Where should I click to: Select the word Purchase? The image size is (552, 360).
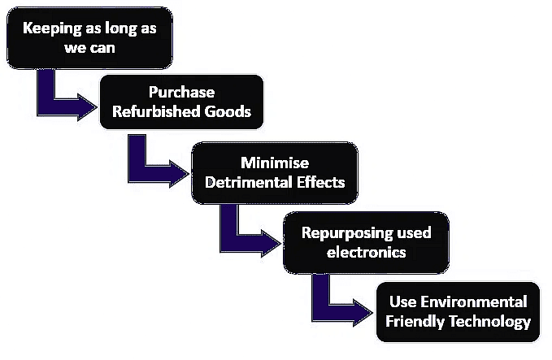click(181, 92)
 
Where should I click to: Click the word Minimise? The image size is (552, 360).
click(275, 163)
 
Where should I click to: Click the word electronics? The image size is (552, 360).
click(366, 253)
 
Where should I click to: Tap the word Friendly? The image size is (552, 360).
click(415, 322)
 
